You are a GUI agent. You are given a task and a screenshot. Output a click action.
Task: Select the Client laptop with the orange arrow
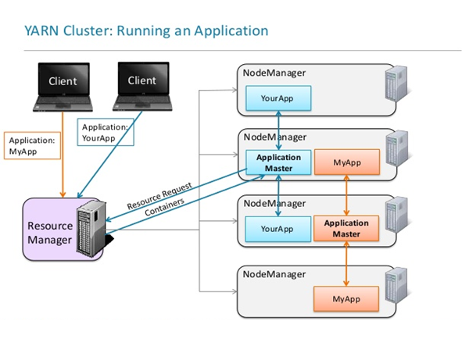tap(63, 87)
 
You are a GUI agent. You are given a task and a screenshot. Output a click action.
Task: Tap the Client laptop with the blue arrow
tap(142, 87)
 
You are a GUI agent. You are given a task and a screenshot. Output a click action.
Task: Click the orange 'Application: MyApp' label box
tap(32, 146)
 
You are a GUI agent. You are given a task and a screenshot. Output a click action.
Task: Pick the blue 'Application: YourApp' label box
tap(106, 132)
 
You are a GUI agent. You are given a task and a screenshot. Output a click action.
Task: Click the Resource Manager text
tap(50, 233)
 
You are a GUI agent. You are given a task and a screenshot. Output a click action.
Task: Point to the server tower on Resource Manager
tap(91, 227)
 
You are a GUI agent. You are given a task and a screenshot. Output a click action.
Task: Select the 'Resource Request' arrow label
tap(159, 195)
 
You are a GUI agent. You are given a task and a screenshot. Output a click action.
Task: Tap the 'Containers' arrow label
tap(164, 207)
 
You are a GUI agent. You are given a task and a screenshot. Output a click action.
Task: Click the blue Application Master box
tap(278, 162)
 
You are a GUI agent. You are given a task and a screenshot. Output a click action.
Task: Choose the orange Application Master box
tap(346, 229)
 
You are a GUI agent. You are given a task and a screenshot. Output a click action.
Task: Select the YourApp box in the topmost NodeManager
tap(278, 98)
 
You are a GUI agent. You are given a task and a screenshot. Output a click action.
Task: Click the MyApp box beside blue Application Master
tap(347, 162)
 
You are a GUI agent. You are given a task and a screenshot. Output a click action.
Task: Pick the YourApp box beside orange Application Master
tap(278, 229)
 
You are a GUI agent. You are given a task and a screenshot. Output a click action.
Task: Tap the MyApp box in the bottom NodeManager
tap(346, 299)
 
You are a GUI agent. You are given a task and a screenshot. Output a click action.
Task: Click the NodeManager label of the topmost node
tap(274, 73)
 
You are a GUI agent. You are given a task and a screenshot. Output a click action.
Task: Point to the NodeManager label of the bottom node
tap(274, 274)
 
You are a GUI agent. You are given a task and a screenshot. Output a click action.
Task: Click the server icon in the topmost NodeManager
tap(397, 84)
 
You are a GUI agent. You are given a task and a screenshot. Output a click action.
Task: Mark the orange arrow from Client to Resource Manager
tap(63, 155)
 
